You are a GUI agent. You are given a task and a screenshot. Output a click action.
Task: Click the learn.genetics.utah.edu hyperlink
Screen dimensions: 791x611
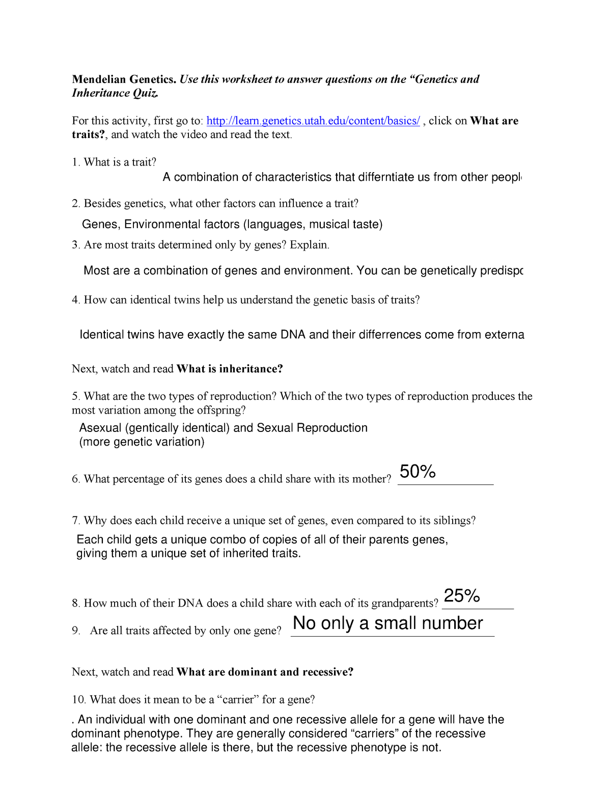coord(313,121)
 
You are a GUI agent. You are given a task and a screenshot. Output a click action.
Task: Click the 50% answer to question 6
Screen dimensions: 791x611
coord(418,472)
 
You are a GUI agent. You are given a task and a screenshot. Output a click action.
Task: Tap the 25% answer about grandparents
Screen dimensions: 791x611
coord(462,595)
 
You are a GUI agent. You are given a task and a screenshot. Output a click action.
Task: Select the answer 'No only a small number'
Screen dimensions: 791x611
coord(388,623)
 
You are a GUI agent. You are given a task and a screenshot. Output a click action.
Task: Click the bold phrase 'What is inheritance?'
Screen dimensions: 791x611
coord(230,369)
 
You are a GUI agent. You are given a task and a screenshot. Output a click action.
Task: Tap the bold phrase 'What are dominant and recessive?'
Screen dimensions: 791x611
coord(265,672)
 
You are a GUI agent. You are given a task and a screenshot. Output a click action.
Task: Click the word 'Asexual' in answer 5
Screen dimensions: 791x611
coord(100,428)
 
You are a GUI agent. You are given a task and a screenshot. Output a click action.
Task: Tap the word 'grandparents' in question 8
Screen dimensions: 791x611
coord(404,604)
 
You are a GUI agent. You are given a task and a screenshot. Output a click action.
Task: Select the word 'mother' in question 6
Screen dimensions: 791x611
coord(371,479)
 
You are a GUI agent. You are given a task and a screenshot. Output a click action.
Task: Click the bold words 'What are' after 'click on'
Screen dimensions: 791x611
coord(494,121)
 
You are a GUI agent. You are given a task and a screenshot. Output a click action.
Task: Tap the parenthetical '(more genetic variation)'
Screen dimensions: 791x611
coord(142,442)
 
